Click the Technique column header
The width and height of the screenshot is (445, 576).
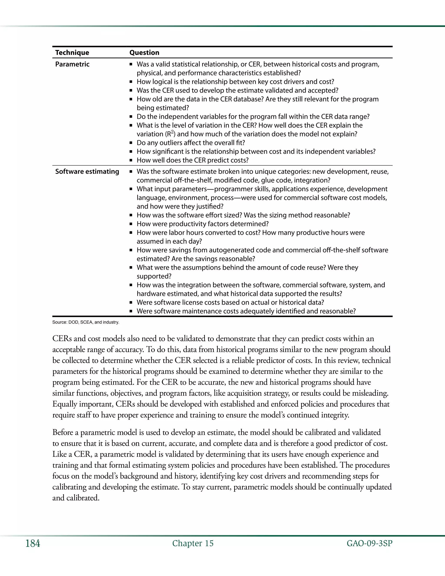coord(72,52)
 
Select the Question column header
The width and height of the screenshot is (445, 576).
coord(144,52)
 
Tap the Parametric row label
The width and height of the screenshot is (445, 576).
coord(72,64)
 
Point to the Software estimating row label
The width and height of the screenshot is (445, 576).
coord(87,171)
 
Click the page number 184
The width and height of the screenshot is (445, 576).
coord(33,543)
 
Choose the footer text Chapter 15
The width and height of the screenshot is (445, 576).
coord(193,543)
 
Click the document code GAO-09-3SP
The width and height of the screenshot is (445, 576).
coord(369,543)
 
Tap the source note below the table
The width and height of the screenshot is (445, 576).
coord(86,322)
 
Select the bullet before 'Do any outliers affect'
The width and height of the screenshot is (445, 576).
coord(131,143)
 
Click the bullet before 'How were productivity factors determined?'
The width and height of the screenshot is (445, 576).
coord(131,224)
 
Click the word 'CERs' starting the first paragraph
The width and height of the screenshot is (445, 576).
coord(62,339)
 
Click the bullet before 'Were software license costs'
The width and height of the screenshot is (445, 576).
coord(131,303)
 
